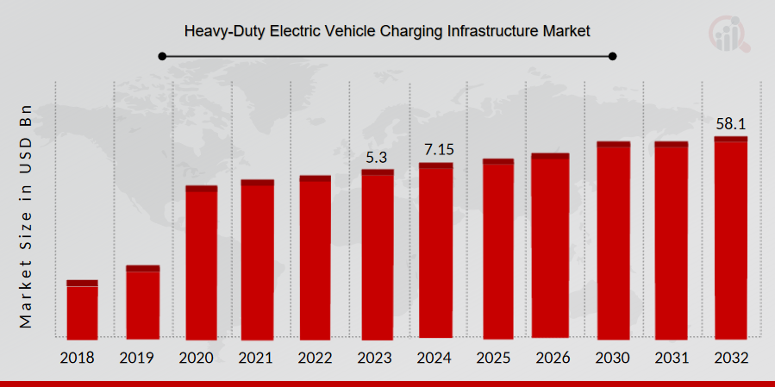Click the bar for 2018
(x=82, y=309)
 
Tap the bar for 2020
(x=201, y=262)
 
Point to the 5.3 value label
(x=377, y=158)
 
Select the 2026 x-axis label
(x=553, y=358)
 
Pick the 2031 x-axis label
(x=671, y=358)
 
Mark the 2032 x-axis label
(x=730, y=358)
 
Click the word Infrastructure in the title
(x=494, y=31)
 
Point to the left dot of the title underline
(x=162, y=57)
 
